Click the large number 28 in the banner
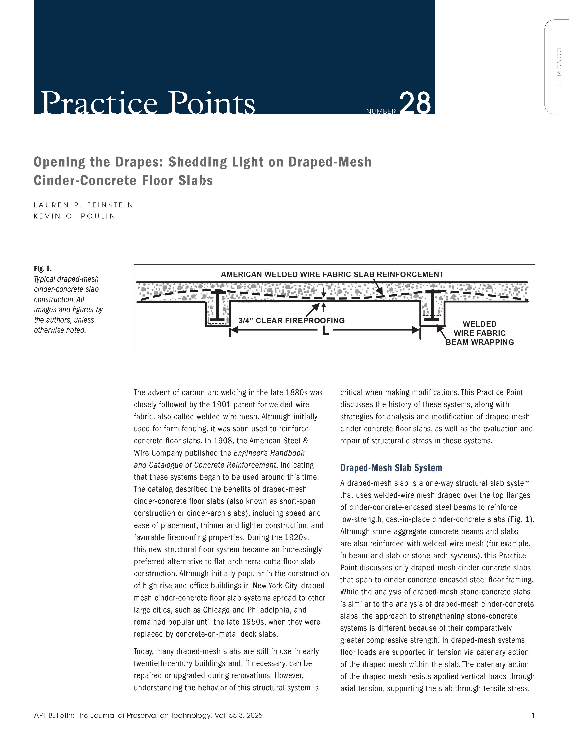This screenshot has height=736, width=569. (415, 103)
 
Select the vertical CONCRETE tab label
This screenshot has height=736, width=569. (558, 67)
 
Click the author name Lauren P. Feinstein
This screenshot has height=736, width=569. (84, 205)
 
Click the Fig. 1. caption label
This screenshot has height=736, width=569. (43, 269)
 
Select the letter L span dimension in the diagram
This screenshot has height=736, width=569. (325, 331)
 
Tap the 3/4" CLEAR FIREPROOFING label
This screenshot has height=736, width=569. (292, 320)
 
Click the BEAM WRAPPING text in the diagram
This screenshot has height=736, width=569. (480, 342)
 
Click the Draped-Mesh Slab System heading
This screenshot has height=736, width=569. (391, 468)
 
